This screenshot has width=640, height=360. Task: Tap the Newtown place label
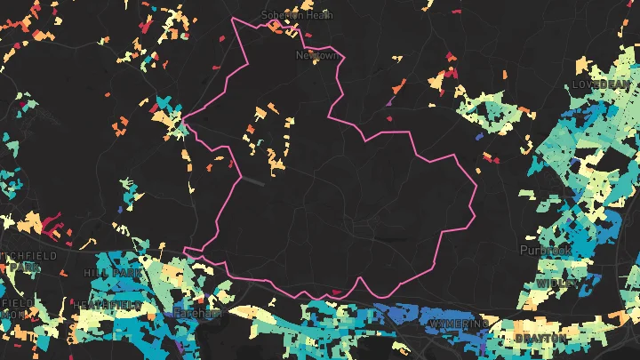click(x=316, y=55)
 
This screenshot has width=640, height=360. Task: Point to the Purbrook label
click(x=545, y=252)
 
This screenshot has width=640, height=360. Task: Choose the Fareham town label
click(x=196, y=314)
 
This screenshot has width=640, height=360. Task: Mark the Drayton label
click(x=540, y=339)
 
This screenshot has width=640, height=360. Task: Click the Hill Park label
click(x=113, y=272)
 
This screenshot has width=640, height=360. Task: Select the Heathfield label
click(x=108, y=304)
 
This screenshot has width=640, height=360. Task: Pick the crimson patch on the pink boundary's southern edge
click(x=336, y=291)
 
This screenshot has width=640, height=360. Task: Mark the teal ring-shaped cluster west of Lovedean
click(x=485, y=115)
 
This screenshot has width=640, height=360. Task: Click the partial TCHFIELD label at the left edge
click(x=27, y=256)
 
